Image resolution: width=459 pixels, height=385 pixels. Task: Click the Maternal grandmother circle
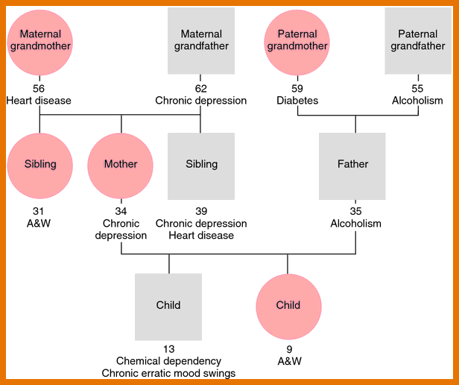point(39,43)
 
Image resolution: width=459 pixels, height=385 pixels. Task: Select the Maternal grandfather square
point(201,41)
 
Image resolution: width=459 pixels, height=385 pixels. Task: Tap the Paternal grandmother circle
point(297,43)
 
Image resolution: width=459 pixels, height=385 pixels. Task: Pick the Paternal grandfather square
point(418,41)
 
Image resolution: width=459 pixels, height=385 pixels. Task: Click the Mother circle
point(120,166)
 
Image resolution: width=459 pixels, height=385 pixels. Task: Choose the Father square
point(352,166)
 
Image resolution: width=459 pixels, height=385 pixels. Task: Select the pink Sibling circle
point(39,166)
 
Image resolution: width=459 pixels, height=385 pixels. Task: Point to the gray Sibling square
point(201,166)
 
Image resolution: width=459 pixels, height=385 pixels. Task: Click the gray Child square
point(168,307)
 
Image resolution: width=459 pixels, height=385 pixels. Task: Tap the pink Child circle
point(288,307)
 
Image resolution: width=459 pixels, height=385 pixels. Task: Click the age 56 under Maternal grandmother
point(39,89)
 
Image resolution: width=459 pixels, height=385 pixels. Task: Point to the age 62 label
point(201,89)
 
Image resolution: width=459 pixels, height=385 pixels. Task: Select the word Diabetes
point(297,101)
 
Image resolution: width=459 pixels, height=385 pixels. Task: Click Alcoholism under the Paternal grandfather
point(417,101)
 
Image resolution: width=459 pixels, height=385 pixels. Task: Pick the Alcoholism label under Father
point(355,223)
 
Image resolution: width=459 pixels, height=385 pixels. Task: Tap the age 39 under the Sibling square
point(201,211)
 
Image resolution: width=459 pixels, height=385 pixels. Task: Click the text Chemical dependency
point(168,361)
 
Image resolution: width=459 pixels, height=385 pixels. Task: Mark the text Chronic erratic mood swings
point(168,373)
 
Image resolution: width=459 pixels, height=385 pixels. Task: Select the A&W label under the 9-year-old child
point(290,361)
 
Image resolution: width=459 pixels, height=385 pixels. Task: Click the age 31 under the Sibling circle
point(38,211)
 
